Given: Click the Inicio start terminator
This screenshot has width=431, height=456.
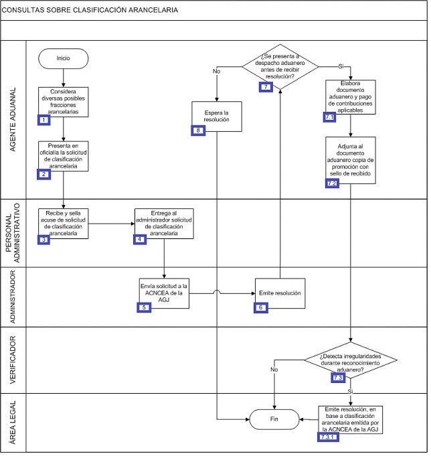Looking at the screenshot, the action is point(64,59).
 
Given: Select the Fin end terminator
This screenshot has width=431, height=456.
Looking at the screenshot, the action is point(274,420).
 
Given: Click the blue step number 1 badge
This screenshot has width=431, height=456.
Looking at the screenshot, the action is point(44,120).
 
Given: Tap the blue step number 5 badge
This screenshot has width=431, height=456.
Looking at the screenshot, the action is point(144,308).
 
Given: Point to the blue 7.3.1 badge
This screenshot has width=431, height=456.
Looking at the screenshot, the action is point(328,437).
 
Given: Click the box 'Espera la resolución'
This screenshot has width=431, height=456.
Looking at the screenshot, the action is point(217,117).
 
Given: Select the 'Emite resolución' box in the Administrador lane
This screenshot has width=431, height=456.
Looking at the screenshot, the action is point(280,293).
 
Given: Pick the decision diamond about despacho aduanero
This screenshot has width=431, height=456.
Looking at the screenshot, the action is point(280,67).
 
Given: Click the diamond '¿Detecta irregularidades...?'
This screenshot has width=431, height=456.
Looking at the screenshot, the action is point(351,361).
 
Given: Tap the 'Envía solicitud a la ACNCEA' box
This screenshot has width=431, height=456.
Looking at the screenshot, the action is point(164,293).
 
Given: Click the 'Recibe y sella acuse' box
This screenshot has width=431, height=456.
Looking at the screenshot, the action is point(64,224).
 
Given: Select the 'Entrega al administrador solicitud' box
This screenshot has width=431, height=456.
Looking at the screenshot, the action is point(164,224).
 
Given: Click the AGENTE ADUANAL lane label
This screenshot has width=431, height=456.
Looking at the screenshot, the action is point(13,120).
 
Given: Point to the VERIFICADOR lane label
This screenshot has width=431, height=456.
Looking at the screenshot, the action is point(13,360).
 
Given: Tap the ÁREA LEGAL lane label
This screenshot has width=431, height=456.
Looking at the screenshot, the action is point(13,423).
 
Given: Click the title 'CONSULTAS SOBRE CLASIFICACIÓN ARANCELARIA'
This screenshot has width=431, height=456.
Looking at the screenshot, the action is point(90,10).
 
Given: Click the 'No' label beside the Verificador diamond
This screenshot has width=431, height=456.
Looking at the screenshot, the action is point(274,370).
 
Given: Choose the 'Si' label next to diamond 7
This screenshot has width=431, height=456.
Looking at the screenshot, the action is point(341,66).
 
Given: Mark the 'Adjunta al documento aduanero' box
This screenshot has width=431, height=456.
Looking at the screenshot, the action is point(351,160).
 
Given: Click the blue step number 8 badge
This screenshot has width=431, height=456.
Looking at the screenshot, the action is point(198,131).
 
